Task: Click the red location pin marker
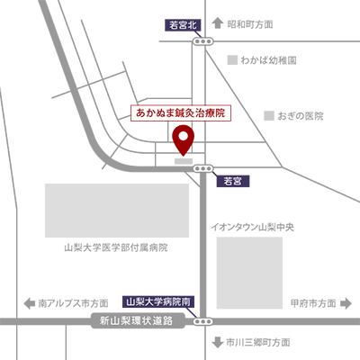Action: point(184,139)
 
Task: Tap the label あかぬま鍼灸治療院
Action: point(181,112)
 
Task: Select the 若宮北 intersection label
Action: point(183,25)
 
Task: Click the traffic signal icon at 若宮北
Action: point(202,41)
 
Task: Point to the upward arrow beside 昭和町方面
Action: point(218,23)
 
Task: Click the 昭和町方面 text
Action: point(250,24)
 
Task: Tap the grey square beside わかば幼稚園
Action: point(232,60)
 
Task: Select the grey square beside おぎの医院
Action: point(269,116)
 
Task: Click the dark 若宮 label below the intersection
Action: point(233,181)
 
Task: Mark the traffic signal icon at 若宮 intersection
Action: point(203,168)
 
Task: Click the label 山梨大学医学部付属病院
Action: point(116,247)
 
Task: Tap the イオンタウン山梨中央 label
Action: point(252,227)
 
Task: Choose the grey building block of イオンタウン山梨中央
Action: point(249,273)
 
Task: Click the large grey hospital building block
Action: point(117,211)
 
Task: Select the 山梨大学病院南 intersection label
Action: point(158,301)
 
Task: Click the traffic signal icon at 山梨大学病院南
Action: point(203,321)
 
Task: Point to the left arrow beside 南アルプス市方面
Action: point(30,303)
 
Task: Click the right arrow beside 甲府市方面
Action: point(346,303)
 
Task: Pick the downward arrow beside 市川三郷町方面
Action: point(217,342)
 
